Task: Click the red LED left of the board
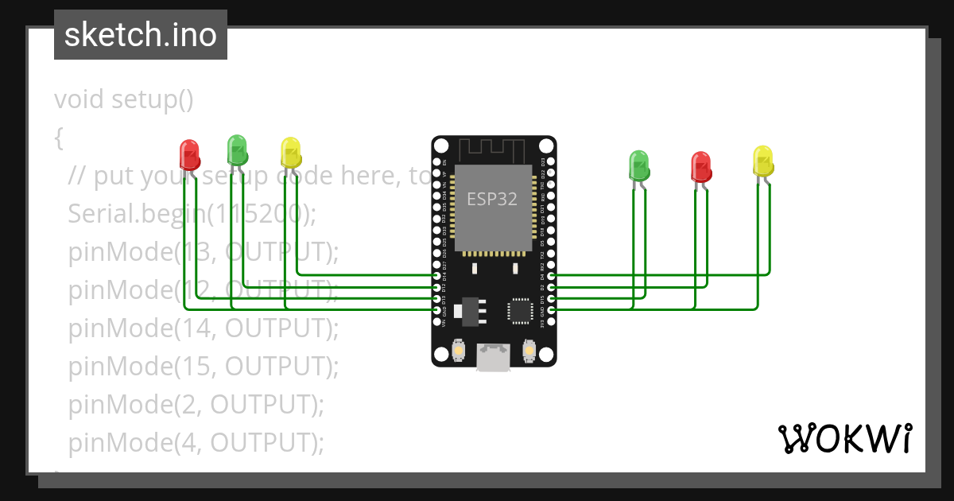pyautogui.click(x=189, y=154)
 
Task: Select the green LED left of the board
pyautogui.click(x=237, y=149)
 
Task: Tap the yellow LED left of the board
pyautogui.click(x=291, y=153)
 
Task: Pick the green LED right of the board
pyautogui.click(x=639, y=165)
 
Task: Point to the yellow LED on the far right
pyautogui.click(x=762, y=161)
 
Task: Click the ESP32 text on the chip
pyautogui.click(x=491, y=200)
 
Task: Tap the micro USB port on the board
pyautogui.click(x=494, y=357)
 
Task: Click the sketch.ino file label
pyautogui.click(x=141, y=35)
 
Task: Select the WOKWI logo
pyautogui.click(x=843, y=438)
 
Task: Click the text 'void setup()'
pyautogui.click(x=124, y=100)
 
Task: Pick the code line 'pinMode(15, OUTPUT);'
pyautogui.click(x=204, y=366)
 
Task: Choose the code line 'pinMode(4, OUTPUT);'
pyautogui.click(x=196, y=442)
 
